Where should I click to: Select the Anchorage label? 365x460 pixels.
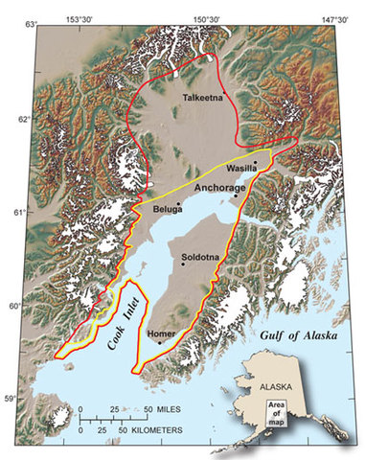(x=220, y=188)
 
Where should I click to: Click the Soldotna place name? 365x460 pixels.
(x=200, y=256)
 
